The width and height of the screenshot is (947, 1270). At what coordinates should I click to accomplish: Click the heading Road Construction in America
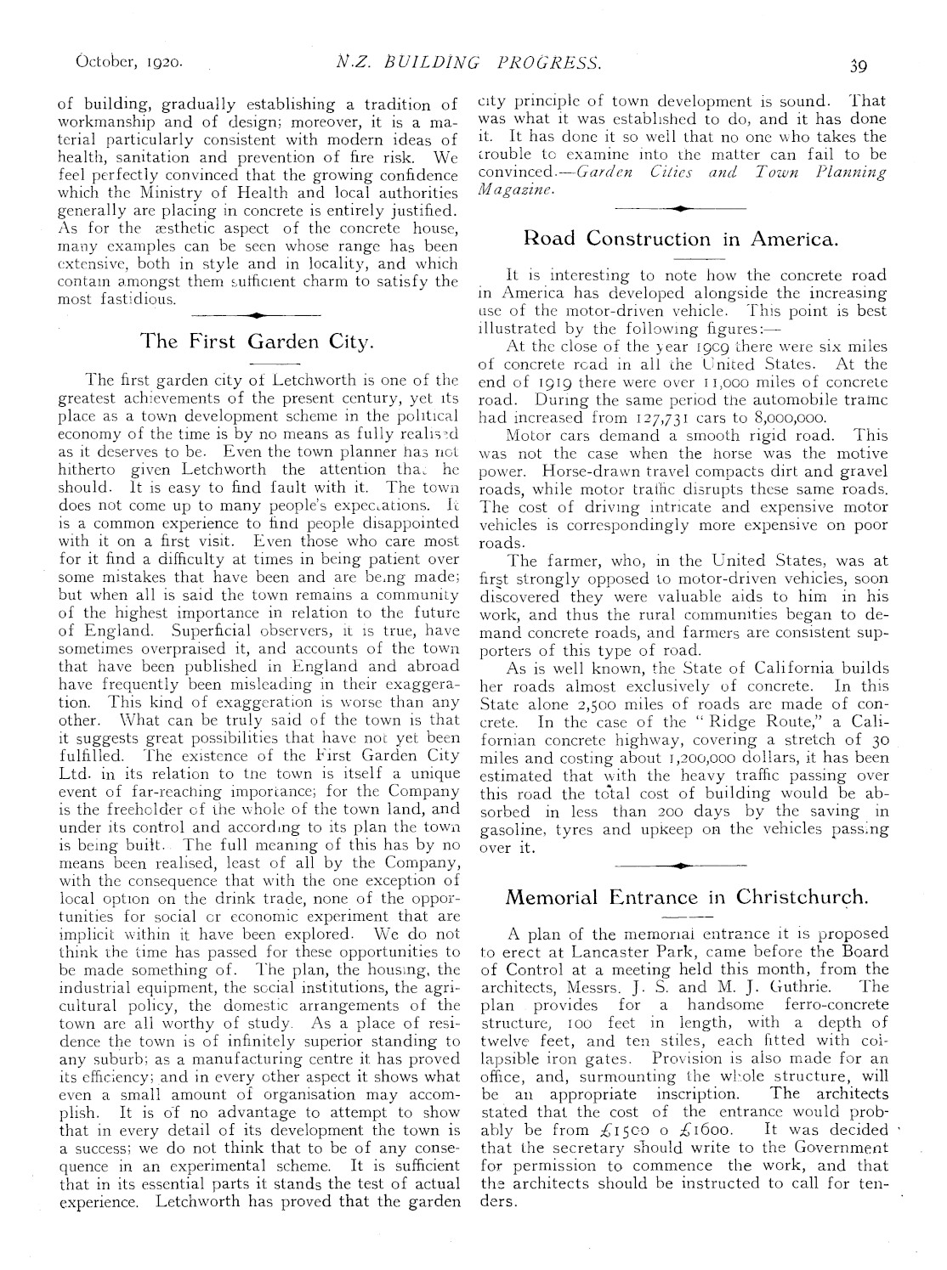(x=682, y=238)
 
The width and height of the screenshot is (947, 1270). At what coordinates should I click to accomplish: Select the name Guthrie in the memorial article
(x=787, y=986)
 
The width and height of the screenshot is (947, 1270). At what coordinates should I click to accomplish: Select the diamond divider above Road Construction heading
(x=682, y=207)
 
